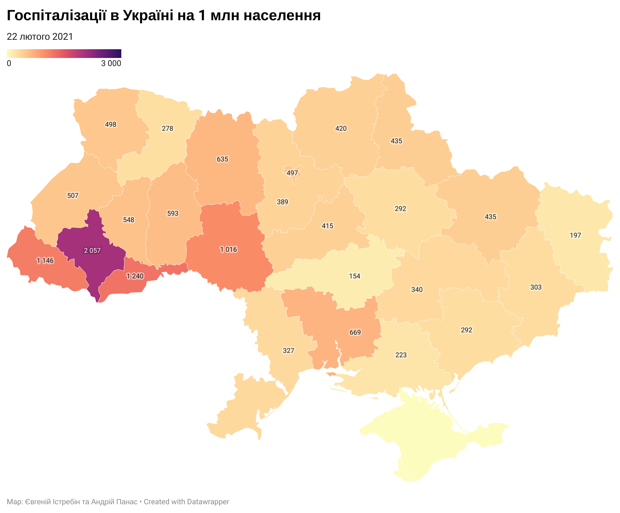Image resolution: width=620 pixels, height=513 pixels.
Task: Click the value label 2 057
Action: coord(92,250)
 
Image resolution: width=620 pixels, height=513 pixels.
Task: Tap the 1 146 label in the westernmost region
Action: coord(45,261)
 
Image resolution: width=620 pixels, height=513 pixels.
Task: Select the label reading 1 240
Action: coord(135,276)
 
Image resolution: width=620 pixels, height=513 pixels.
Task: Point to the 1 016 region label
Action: coord(228,250)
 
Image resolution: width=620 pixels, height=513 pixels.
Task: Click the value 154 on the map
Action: coord(354,276)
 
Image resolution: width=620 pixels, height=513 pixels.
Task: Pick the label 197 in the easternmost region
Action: coord(575,235)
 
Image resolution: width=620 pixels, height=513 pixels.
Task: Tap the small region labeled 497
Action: coord(292,173)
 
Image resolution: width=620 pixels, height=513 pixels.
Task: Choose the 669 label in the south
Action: coord(355,333)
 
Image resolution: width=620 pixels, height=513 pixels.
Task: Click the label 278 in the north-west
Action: coord(167,128)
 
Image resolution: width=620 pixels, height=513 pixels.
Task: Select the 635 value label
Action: coord(222,159)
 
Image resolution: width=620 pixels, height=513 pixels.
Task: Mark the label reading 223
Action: coord(401,355)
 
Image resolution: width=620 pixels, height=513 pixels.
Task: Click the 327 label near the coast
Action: coord(288,351)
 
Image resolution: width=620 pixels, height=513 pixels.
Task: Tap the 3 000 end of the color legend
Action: coord(111,63)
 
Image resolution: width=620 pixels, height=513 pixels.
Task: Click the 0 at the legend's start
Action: coord(9,63)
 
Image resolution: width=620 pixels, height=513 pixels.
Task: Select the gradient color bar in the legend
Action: coord(64,54)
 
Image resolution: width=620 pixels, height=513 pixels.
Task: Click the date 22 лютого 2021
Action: coord(40,37)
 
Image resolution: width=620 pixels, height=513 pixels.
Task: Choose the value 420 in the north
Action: coord(341,128)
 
